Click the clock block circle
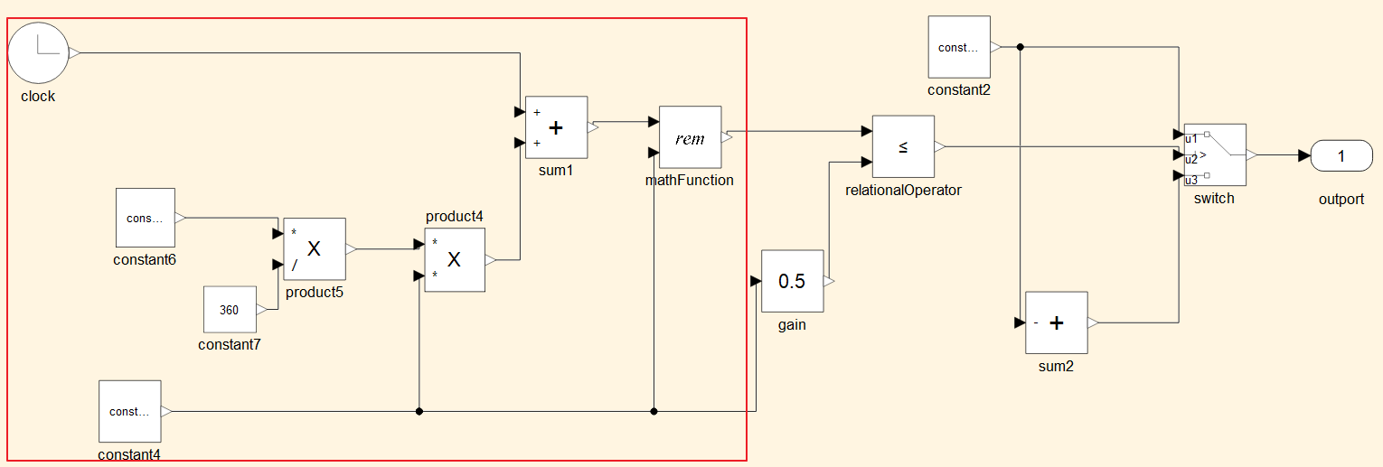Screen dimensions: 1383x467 38,53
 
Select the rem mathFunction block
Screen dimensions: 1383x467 691,137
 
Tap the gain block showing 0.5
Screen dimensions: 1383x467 792,281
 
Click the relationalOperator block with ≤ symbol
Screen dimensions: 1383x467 903,146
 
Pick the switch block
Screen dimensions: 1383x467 1215,154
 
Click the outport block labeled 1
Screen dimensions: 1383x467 1341,155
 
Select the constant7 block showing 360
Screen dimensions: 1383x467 230,309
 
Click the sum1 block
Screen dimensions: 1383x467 556,127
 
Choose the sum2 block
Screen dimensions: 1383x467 1057,322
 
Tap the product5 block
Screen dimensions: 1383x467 315,248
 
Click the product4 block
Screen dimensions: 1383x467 455,260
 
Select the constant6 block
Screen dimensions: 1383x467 146,218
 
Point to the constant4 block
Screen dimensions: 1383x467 129,411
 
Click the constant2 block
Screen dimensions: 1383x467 959,47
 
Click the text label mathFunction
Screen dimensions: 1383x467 689,180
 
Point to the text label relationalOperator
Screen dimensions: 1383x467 903,190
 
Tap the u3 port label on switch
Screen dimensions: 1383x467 1191,180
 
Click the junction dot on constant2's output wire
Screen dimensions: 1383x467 1020,47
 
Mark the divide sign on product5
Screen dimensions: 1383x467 295,266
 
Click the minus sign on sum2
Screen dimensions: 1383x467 1035,322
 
